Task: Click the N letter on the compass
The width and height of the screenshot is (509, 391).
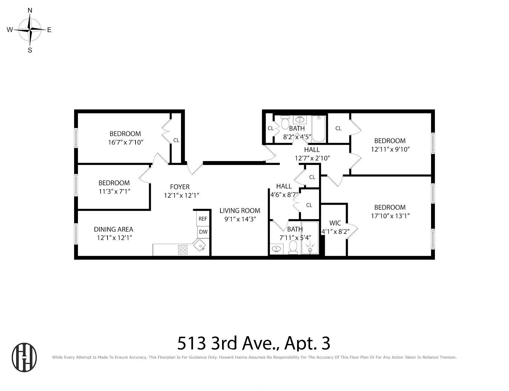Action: click(30, 11)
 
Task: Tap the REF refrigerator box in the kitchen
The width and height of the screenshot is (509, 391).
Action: click(203, 219)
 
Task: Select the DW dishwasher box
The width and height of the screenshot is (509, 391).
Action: click(203, 232)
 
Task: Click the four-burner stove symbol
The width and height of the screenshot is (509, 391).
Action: click(183, 250)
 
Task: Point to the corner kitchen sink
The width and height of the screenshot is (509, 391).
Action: click(200, 246)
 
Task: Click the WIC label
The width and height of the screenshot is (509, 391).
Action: click(335, 223)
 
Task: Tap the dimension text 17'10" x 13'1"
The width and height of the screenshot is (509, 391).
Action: click(390, 216)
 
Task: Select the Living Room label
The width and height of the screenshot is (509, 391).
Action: click(240, 210)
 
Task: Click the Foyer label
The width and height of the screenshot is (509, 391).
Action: click(180, 187)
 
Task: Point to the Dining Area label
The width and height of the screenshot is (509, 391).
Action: click(113, 229)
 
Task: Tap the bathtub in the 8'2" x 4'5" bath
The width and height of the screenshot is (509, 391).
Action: click(318, 129)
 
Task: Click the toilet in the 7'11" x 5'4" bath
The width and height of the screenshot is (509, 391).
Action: click(293, 247)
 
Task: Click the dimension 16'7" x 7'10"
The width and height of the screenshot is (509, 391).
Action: click(125, 142)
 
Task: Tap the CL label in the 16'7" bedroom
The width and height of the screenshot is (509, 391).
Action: click(176, 140)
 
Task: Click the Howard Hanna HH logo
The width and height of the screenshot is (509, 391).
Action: click(24, 357)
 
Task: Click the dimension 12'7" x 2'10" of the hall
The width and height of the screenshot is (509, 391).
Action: click(312, 158)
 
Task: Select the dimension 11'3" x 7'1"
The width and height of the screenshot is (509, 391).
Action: click(114, 191)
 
